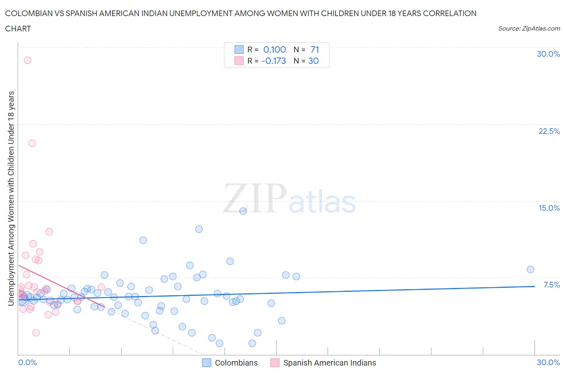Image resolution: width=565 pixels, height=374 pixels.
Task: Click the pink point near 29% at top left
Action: (x=27, y=60)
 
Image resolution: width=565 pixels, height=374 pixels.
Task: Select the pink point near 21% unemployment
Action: (x=32, y=143)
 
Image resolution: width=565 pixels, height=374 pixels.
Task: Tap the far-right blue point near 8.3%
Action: (x=530, y=269)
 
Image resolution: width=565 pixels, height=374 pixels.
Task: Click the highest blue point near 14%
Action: (x=243, y=211)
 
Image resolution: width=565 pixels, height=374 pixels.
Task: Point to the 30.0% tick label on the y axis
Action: (x=548, y=54)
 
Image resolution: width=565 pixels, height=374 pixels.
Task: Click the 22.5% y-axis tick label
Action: (x=549, y=131)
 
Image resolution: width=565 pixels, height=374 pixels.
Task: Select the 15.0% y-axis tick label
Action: (x=549, y=208)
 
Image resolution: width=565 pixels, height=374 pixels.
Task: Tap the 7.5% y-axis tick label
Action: (x=551, y=285)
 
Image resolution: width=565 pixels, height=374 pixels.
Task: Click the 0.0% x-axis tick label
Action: (x=27, y=362)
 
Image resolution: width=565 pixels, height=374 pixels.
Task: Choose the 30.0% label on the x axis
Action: (x=548, y=362)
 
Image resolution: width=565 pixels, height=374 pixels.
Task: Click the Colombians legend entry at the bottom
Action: (x=236, y=363)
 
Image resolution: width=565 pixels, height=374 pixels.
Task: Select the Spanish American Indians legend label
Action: (x=330, y=363)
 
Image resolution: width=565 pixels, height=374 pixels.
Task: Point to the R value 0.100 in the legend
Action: (x=274, y=49)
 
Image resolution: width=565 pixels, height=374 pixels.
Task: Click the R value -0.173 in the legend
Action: (x=274, y=61)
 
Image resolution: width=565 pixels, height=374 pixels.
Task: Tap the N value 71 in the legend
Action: (x=315, y=49)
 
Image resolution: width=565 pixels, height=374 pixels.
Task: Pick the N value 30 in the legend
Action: (x=313, y=61)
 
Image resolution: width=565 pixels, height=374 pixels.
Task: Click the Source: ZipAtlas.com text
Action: (x=529, y=28)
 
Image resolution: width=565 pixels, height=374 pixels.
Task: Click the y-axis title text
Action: (x=11, y=198)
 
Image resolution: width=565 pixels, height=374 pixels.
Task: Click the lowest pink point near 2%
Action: (x=36, y=333)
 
